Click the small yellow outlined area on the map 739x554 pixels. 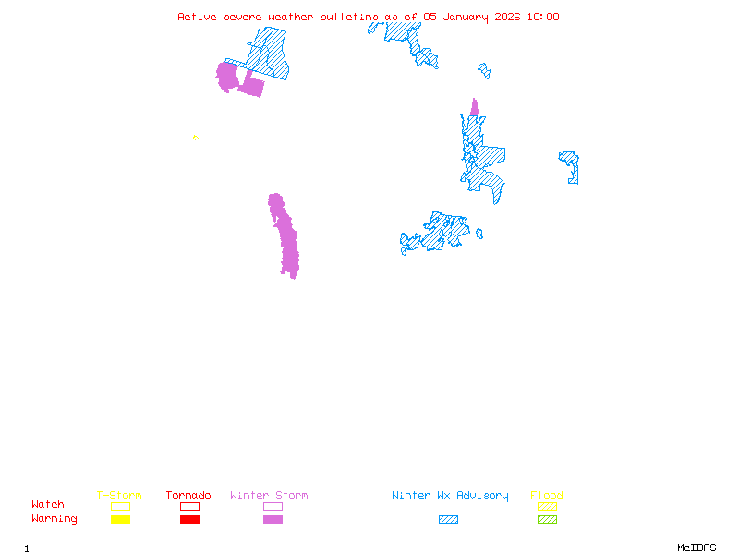pos(195,138)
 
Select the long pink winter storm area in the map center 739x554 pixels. pos(285,235)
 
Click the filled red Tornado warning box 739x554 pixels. pos(189,519)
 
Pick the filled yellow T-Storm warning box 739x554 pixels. pos(120,519)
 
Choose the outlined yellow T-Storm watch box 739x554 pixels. pos(120,506)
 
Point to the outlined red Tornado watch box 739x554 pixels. pos(189,506)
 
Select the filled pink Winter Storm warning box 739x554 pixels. pos(273,519)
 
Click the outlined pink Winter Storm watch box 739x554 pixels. pos(273,506)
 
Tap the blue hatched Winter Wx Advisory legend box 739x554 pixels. pos(448,519)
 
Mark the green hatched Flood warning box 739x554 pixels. pos(547,519)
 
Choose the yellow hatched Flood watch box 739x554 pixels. pos(547,506)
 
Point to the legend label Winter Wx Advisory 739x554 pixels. pos(450,495)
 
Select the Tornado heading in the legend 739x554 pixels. pos(188,495)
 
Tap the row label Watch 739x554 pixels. pos(48,505)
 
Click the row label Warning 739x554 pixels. pos(54,519)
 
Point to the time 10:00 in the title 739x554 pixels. pos(542,17)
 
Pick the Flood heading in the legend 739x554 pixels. pos(546,495)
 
